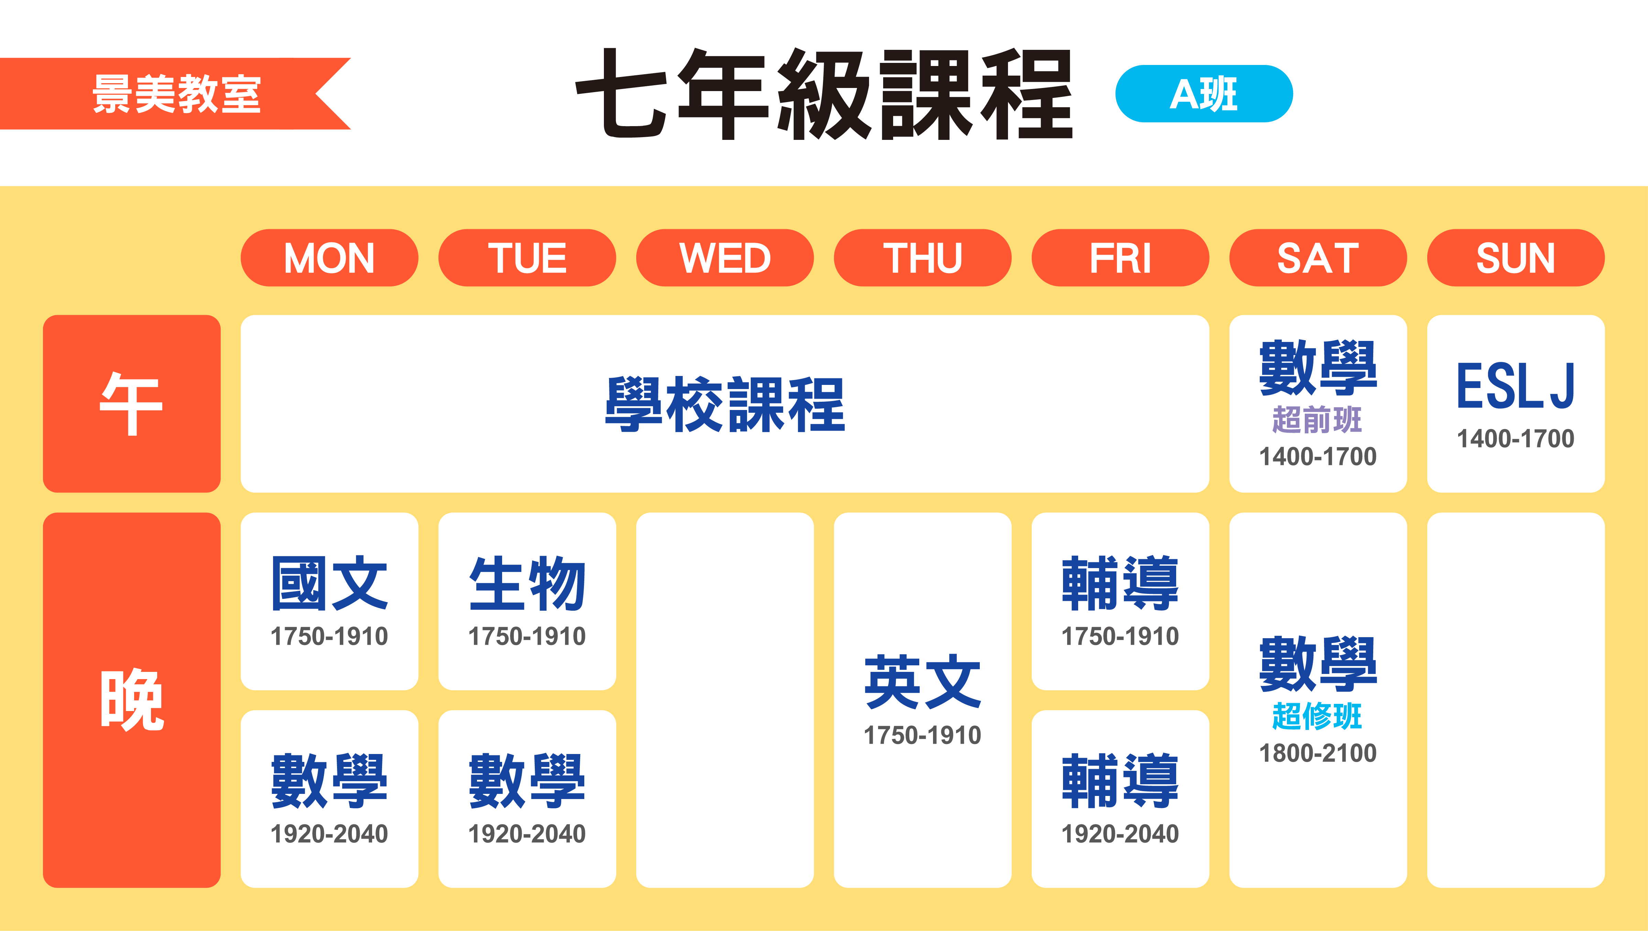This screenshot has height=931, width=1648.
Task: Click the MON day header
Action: click(329, 258)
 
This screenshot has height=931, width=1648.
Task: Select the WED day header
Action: click(725, 258)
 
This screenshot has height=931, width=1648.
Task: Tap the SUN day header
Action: click(1516, 258)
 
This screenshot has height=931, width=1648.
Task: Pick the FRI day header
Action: click(1120, 258)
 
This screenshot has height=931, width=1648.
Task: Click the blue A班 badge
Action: click(1203, 93)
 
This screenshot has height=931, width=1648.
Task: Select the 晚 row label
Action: click(132, 699)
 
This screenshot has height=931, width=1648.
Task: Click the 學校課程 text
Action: click(725, 404)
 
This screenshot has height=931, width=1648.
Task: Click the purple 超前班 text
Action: click(1317, 420)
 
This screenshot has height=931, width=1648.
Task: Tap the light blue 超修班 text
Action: click(1317, 716)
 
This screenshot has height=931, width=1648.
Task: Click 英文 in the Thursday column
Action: click(922, 681)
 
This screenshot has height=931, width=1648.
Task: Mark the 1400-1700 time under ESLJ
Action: click(1516, 439)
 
